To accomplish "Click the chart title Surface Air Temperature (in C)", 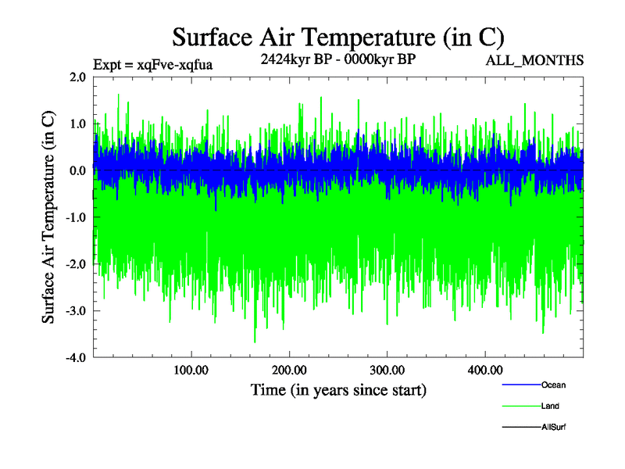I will pyautogui.click(x=338, y=38).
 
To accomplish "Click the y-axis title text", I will pyautogui.click(x=48, y=217).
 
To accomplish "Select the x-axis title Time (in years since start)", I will pyautogui.click(x=338, y=389).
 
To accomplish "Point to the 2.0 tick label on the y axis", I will pyautogui.click(x=77, y=77).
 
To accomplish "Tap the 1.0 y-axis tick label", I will pyautogui.click(x=77, y=124).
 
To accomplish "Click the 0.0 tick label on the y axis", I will pyautogui.click(x=77, y=170).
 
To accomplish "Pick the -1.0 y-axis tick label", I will pyautogui.click(x=76, y=217).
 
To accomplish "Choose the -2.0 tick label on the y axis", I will pyautogui.click(x=76, y=264).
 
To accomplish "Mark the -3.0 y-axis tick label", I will pyautogui.click(x=76, y=311).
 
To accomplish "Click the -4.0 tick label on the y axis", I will pyautogui.click(x=76, y=358).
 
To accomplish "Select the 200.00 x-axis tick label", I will pyautogui.click(x=289, y=369).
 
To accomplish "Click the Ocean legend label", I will pyautogui.click(x=553, y=385).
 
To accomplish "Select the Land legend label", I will pyautogui.click(x=550, y=406).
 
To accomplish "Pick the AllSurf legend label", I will pyautogui.click(x=553, y=428).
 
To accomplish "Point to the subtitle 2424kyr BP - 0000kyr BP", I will pyautogui.click(x=337, y=59).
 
